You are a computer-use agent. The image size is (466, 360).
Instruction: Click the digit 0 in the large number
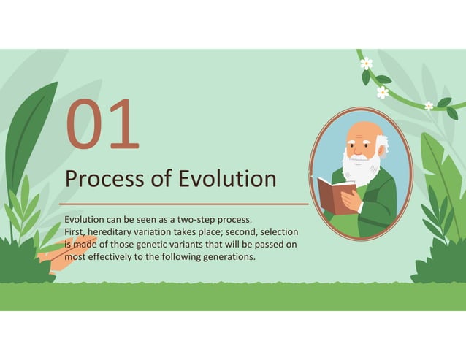coord(87,125)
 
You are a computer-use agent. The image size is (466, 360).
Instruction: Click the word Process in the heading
coord(99,179)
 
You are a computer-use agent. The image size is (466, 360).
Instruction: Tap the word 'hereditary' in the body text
coord(114,231)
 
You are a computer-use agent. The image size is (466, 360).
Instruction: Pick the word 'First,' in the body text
coord(75,231)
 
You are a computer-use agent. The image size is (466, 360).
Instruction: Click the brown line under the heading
coord(183,204)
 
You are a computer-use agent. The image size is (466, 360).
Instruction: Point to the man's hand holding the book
coord(351,199)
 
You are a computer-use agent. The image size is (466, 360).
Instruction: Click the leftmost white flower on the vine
coord(366,64)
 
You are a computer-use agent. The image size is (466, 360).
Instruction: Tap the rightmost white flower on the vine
coord(429,105)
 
